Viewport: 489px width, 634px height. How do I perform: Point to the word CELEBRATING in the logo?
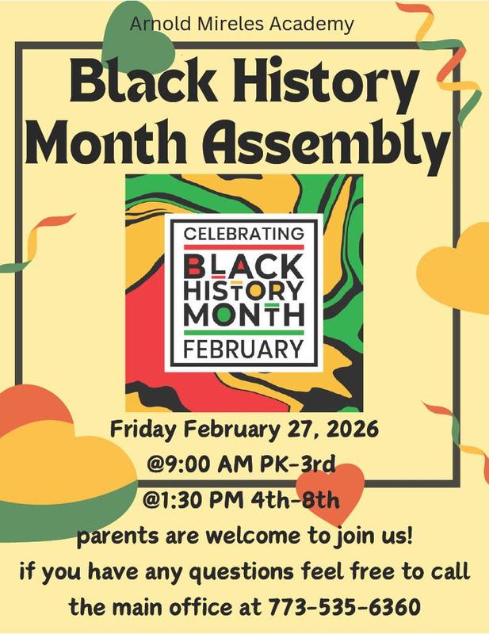(244, 235)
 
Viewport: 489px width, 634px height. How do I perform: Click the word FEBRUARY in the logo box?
(244, 349)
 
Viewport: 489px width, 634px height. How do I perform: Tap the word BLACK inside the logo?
(243, 263)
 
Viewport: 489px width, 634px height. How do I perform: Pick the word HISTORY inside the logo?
(243, 288)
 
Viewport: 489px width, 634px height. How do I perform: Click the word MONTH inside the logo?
(243, 313)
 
